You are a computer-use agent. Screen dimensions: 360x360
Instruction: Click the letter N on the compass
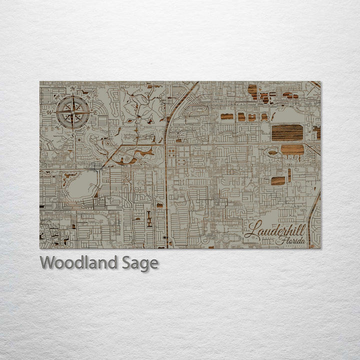73,88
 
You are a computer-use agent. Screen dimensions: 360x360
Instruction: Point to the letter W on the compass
50,112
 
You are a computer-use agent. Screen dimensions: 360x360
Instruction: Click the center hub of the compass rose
72,112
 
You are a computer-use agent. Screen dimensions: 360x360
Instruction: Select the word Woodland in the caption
78,262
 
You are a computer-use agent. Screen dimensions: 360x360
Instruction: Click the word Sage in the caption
140,263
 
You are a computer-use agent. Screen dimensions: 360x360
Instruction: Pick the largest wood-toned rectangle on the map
287,132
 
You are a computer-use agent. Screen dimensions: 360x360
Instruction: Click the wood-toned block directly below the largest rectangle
292,149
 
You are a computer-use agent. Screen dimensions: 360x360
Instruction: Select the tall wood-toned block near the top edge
252,91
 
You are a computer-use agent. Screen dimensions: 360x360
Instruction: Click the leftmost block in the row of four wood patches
227,116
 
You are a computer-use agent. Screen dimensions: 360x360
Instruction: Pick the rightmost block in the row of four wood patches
264,116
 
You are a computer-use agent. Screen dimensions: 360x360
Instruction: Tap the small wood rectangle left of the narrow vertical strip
278,180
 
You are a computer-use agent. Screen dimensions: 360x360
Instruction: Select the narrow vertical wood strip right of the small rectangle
289,175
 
